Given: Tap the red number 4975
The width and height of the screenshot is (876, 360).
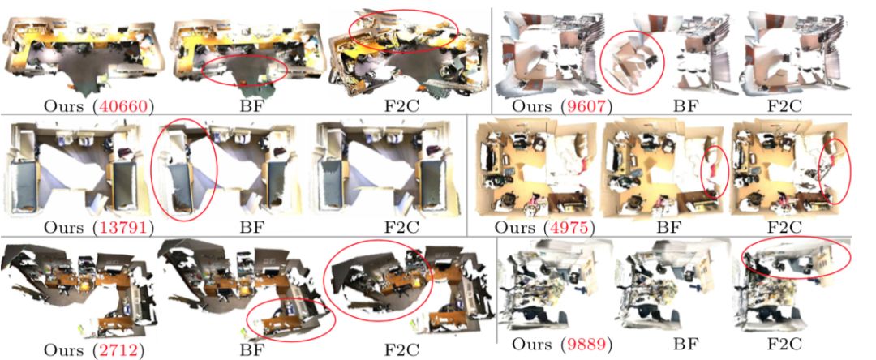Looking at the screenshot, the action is tap(565, 228).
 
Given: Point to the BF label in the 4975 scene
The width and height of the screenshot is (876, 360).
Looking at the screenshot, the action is tap(669, 228).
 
